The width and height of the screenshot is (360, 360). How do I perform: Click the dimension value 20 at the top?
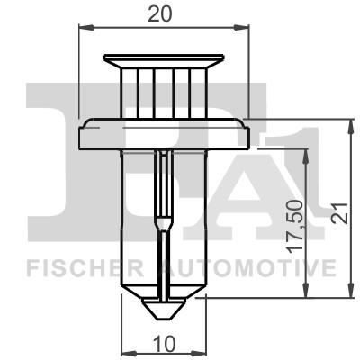tap(163, 13)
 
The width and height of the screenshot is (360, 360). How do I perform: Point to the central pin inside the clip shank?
tap(163, 216)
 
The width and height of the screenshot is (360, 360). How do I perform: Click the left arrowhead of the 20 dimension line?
tap(85, 31)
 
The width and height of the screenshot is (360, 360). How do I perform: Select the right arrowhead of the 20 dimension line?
tap(243, 31)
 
